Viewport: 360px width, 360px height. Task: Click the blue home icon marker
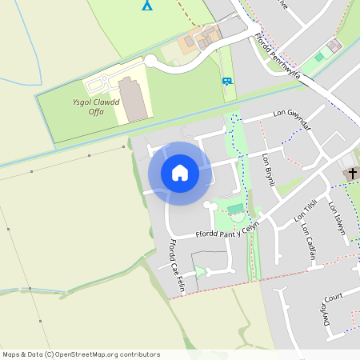pyautogui.click(x=180, y=173)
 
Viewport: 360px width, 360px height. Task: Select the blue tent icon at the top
pyautogui.click(x=146, y=5)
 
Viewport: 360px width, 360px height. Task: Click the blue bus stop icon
pyautogui.click(x=227, y=81)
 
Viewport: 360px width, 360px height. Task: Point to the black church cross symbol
pyautogui.click(x=352, y=173)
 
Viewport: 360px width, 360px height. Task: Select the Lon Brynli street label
pyautogui.click(x=269, y=170)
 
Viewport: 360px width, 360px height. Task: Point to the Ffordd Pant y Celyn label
pyautogui.click(x=228, y=232)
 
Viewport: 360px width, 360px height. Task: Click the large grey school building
pyautogui.click(x=134, y=99)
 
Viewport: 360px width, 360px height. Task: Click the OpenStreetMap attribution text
pyautogui.click(x=80, y=354)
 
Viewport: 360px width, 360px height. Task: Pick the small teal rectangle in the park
pyautogui.click(x=234, y=210)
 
